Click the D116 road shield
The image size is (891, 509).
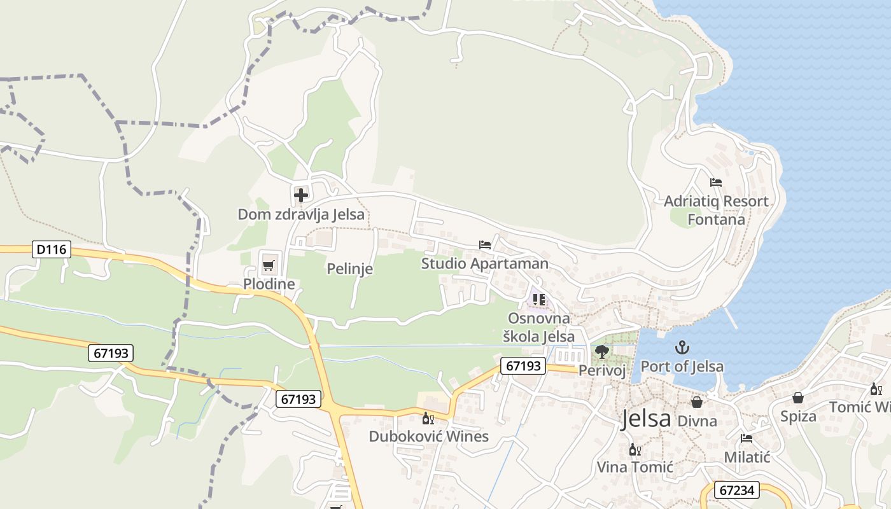[x=52, y=249]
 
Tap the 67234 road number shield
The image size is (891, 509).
[x=738, y=490]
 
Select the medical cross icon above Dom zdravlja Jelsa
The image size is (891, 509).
[x=301, y=195]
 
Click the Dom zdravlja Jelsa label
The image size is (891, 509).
[x=301, y=214]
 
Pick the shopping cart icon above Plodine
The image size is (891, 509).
[x=268, y=265]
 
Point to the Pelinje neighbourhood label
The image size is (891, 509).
[x=349, y=268]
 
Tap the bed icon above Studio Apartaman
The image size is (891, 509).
[x=485, y=245]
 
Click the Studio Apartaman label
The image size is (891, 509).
[x=484, y=263]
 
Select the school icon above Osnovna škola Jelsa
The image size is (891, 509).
[x=539, y=299]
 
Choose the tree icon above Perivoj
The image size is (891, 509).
[x=601, y=351]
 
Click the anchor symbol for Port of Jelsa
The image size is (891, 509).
[x=682, y=347]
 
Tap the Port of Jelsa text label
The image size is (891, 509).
[x=682, y=366]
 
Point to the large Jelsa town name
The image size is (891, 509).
[x=646, y=419]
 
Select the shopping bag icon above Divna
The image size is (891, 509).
[x=697, y=402]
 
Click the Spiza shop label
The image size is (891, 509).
[x=798, y=416]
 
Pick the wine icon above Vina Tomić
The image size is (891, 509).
[x=635, y=450]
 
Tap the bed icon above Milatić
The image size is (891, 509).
[x=747, y=438]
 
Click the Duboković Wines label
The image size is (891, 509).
[x=429, y=436]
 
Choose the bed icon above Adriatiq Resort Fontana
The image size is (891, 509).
[x=716, y=183]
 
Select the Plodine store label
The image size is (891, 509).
[x=269, y=284]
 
